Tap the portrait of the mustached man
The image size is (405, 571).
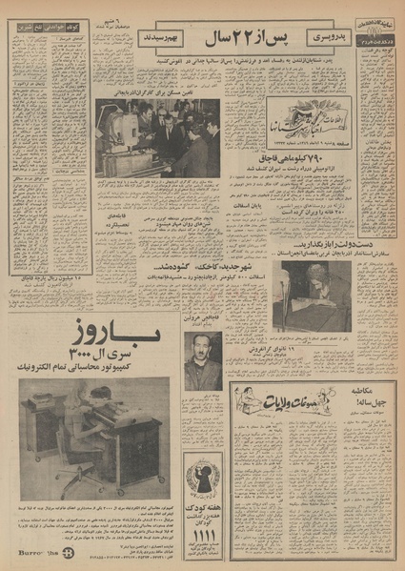click(203, 362)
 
